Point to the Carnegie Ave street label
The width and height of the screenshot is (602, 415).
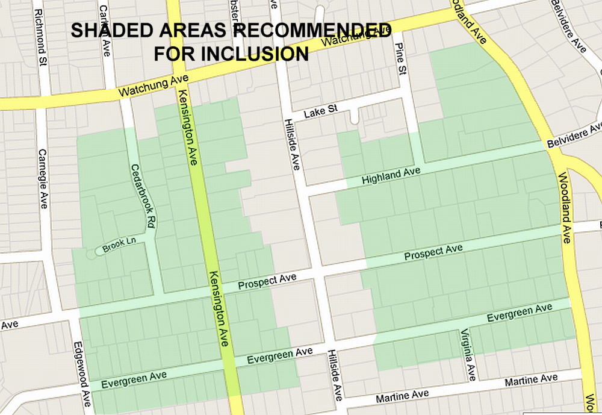[43, 179]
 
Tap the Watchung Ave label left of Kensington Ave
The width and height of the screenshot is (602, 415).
[154, 86]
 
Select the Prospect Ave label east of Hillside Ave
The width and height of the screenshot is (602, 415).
[433, 252]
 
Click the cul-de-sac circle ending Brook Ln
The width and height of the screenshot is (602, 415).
[91, 254]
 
